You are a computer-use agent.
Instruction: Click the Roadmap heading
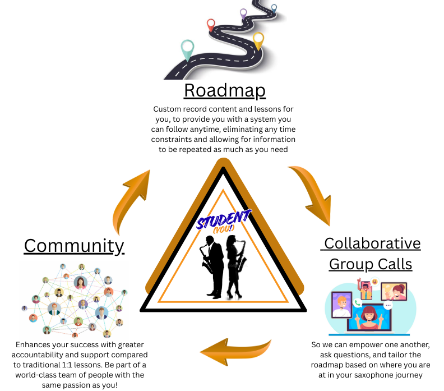pyautogui.click(x=225, y=91)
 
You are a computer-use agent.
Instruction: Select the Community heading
pyautogui.click(x=74, y=246)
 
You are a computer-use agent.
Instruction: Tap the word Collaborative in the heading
pyautogui.click(x=372, y=243)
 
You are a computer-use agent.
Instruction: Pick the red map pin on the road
pyautogui.click(x=211, y=25)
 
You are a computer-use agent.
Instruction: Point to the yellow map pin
pyautogui.click(x=258, y=41)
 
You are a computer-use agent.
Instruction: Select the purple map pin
pyautogui.click(x=243, y=14)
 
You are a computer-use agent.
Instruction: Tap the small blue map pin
pyautogui.click(x=274, y=8)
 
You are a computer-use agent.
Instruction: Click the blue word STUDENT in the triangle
pyautogui.click(x=224, y=219)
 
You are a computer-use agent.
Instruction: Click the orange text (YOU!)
pyautogui.click(x=224, y=229)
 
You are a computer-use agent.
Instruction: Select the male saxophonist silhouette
pyautogui.click(x=212, y=267)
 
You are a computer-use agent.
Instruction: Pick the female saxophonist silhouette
pyautogui.click(x=235, y=267)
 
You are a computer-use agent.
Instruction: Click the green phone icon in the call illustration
pyautogui.click(x=357, y=302)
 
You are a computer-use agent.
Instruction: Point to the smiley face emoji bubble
pyautogui.click(x=375, y=282)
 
